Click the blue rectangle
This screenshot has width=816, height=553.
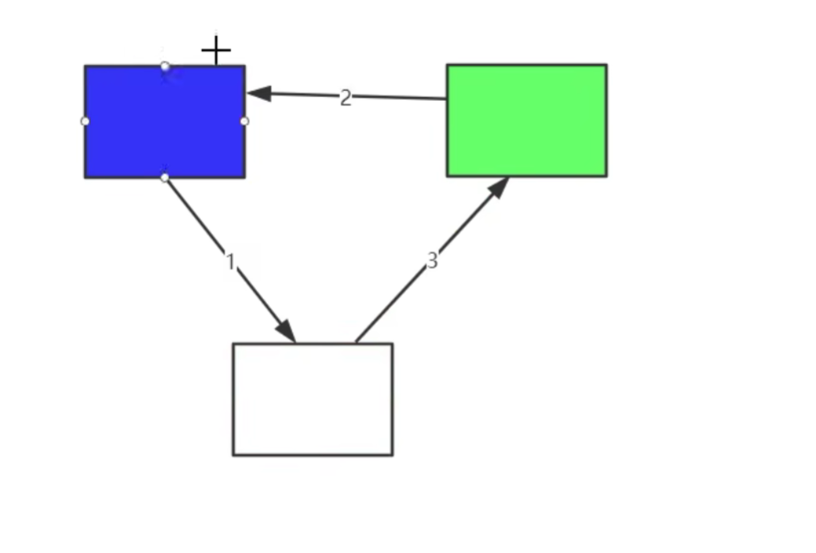165,122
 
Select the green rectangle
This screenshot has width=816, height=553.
526,120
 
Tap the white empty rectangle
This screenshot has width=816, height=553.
313,400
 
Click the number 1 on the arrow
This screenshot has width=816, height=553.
230,261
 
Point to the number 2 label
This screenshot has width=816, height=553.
346,98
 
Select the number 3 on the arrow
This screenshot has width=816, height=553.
432,260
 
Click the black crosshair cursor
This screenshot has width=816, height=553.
216,50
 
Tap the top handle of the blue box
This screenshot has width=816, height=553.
165,66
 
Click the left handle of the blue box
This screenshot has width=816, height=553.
85,121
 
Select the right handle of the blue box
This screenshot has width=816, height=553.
245,121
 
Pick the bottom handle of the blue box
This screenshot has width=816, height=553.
165,178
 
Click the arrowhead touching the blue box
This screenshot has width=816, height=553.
259,94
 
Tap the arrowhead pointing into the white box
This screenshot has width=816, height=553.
286,331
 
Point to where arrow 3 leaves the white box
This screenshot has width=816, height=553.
356,343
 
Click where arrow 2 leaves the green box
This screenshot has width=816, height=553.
447,98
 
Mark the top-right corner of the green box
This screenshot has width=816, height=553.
607,64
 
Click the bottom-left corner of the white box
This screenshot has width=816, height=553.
233,456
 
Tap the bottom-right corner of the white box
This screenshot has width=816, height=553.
393,456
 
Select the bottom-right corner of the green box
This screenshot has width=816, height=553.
607,176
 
